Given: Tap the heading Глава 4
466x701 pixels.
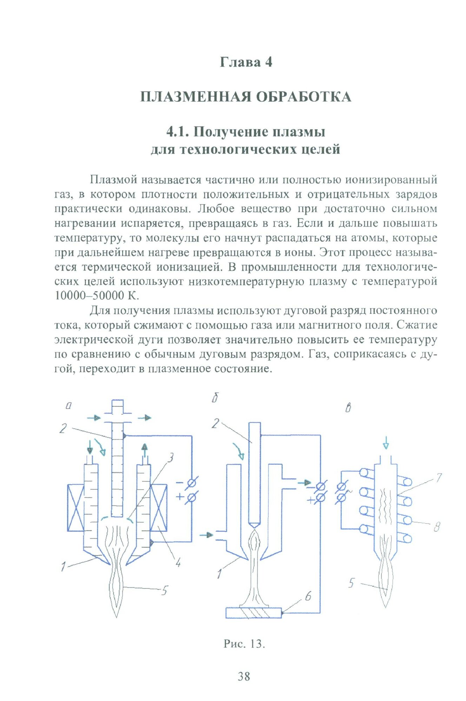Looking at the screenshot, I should coord(246,62).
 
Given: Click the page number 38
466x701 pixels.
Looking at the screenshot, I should coord(244,676).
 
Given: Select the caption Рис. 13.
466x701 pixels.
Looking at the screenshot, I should coord(244,644).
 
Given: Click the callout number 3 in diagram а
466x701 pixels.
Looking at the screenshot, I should coord(171,457).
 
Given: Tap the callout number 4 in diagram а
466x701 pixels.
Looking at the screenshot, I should coord(178,563).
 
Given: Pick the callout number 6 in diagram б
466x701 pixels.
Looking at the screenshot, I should coord(308,596).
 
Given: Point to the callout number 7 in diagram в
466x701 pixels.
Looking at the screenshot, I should coord(438,478).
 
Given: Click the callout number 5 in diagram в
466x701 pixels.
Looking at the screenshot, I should coord(351,583).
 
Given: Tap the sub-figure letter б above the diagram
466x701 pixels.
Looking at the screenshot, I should coord(215,399).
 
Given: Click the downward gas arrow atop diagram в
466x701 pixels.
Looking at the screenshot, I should coord(386,443).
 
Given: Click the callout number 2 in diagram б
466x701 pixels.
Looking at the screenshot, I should coord(215,423).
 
